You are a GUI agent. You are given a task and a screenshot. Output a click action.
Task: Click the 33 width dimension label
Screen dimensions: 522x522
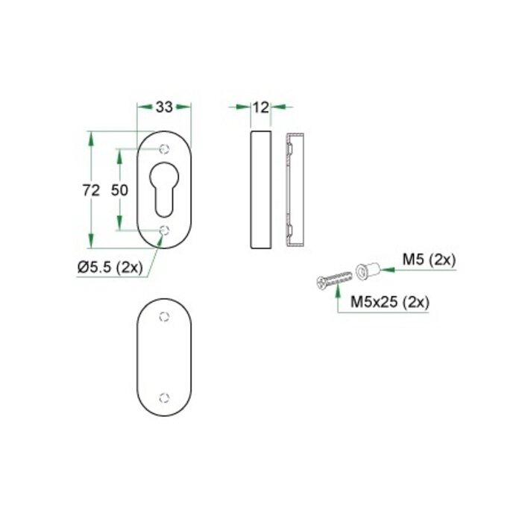click(x=165, y=107)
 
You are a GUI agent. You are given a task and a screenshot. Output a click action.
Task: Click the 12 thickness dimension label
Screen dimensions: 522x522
click(x=260, y=107)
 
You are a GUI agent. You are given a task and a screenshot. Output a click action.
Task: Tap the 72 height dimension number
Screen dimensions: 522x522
click(x=91, y=190)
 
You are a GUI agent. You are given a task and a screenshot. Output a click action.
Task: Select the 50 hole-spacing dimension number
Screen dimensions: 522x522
click(x=120, y=190)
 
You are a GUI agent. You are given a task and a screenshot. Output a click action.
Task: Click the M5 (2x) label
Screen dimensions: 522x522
click(x=429, y=260)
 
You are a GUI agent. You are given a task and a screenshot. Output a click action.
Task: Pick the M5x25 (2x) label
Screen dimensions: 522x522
click(x=387, y=303)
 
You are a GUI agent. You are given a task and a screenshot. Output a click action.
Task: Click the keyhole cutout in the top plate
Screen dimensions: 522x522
click(x=165, y=190)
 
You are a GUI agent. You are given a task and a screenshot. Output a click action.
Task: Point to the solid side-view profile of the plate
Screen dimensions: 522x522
click(x=260, y=190)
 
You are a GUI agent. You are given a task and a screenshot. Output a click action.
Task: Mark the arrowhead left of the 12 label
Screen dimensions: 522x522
click(x=244, y=107)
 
